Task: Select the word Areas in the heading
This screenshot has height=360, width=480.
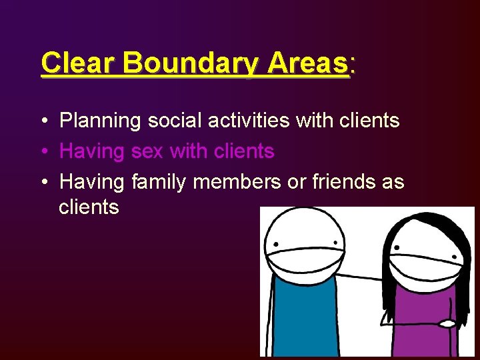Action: coord(307,64)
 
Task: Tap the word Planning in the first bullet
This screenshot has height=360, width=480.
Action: coord(100,121)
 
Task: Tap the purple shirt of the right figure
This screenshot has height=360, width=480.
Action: coord(420,320)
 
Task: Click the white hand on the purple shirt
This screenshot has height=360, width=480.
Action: coord(447,324)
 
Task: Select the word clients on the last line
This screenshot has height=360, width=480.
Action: coord(89,207)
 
